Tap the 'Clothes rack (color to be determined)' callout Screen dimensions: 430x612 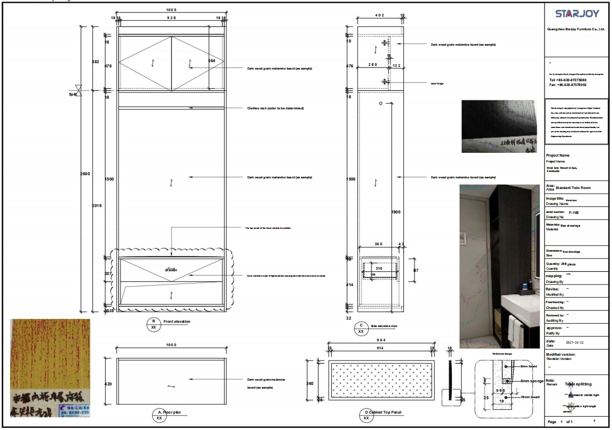tap(275, 108)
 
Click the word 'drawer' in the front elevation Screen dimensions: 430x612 tap(171, 270)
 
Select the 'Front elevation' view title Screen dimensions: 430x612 tap(177, 322)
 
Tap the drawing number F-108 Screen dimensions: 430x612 tap(574, 212)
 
